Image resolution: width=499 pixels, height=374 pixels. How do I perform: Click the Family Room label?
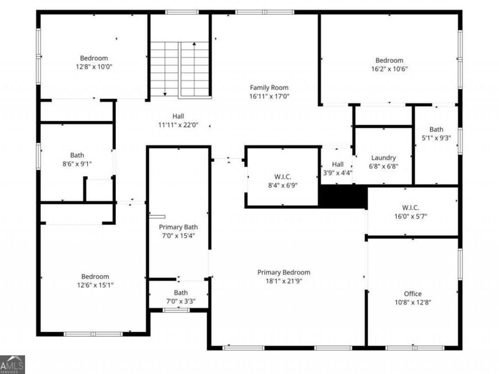(x=269, y=88)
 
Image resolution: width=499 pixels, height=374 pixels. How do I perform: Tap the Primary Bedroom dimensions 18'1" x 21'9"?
(x=283, y=281)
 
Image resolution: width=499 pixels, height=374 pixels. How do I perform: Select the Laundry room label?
(x=384, y=158)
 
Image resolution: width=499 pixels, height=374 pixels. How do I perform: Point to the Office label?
(x=413, y=294)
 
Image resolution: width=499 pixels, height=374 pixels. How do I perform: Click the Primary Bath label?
(x=178, y=227)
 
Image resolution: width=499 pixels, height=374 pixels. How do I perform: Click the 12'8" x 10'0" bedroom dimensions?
(x=94, y=67)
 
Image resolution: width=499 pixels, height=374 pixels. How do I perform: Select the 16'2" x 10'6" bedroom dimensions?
(x=389, y=69)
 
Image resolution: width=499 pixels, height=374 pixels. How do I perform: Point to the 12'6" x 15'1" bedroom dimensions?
(x=95, y=285)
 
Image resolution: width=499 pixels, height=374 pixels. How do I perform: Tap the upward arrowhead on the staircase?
(x=194, y=44)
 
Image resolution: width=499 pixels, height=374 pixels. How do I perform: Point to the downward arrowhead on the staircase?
(x=165, y=94)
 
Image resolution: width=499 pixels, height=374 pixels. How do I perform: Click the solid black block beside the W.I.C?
(x=343, y=197)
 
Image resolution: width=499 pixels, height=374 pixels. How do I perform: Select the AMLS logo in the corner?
(x=12, y=365)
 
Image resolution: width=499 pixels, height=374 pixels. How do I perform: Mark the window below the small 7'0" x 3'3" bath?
(x=176, y=310)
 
